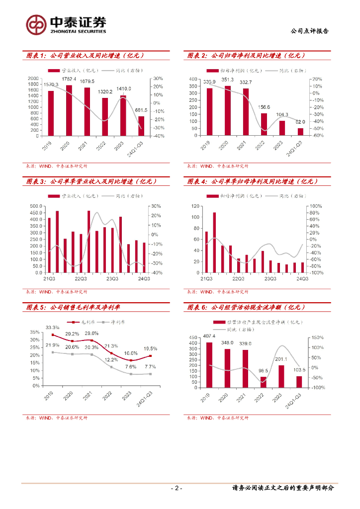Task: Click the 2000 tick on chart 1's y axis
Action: [x=33, y=79]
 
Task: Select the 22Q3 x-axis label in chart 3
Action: [x=81, y=279]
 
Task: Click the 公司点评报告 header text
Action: [x=309, y=31]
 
